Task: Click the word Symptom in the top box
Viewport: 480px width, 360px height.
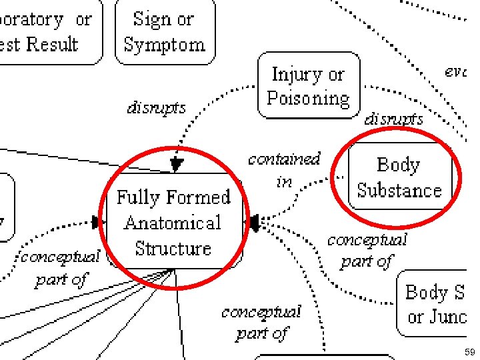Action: pyautogui.click(x=165, y=45)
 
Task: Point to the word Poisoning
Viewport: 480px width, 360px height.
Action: pyautogui.click(x=308, y=99)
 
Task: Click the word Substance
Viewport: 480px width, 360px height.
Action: pyautogui.click(x=399, y=191)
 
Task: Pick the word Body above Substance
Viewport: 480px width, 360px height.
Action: pyautogui.click(x=398, y=165)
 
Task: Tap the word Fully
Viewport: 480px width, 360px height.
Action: pyautogui.click(x=139, y=197)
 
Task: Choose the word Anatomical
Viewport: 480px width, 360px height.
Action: pyautogui.click(x=173, y=223)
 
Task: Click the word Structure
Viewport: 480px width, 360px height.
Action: pyautogui.click(x=173, y=248)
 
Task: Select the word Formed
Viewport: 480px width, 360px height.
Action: pyautogui.click(x=198, y=197)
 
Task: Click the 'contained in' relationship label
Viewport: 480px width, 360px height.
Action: pyautogui.click(x=284, y=169)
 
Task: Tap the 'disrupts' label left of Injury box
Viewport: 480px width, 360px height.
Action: pyautogui.click(x=157, y=107)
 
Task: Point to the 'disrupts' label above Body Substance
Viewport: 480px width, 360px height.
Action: pyautogui.click(x=393, y=119)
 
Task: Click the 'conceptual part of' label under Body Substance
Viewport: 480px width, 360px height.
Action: pyautogui.click(x=367, y=250)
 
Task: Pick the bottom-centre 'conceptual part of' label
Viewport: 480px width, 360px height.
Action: pyautogui.click(x=261, y=321)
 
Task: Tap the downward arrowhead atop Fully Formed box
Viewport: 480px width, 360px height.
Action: pyautogui.click(x=176, y=164)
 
